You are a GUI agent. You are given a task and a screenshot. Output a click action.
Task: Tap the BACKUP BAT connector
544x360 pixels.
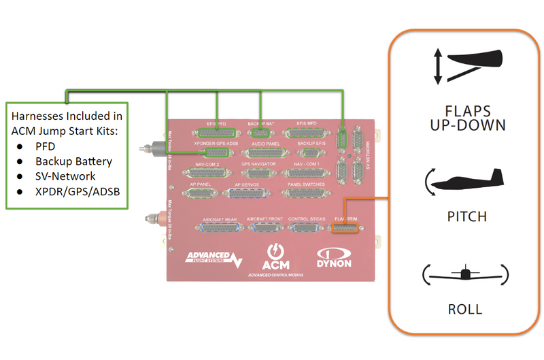click(x=260, y=133)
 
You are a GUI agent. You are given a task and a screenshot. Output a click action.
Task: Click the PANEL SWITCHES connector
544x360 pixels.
click(x=306, y=193)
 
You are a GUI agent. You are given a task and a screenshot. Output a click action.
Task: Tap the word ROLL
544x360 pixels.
click(x=465, y=310)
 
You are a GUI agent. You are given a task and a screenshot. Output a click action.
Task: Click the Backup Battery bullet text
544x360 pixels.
click(x=74, y=161)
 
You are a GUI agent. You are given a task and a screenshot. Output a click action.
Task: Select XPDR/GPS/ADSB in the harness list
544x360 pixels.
click(x=78, y=191)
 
